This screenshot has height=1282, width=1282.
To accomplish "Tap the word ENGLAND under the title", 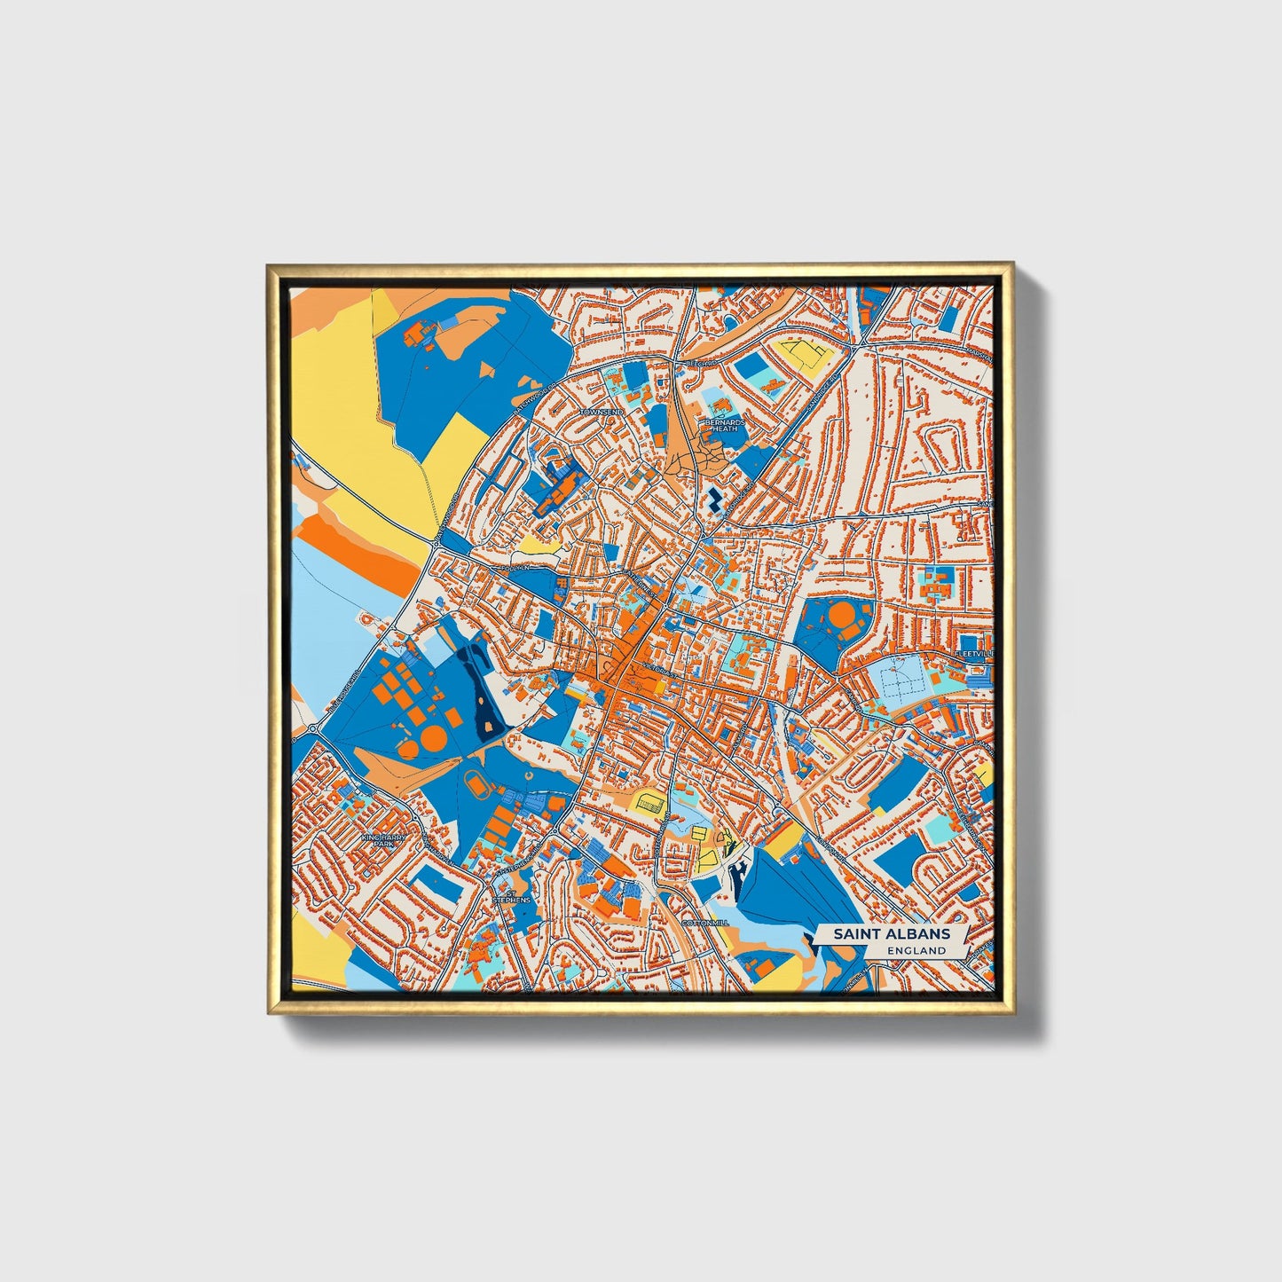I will click(x=916, y=950).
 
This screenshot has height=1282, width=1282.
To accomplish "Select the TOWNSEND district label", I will click(x=602, y=413).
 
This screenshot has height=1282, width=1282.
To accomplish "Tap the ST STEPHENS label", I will click(x=512, y=895).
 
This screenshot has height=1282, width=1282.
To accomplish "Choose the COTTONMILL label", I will click(x=705, y=923).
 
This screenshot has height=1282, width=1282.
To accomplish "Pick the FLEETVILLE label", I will click(x=973, y=653).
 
